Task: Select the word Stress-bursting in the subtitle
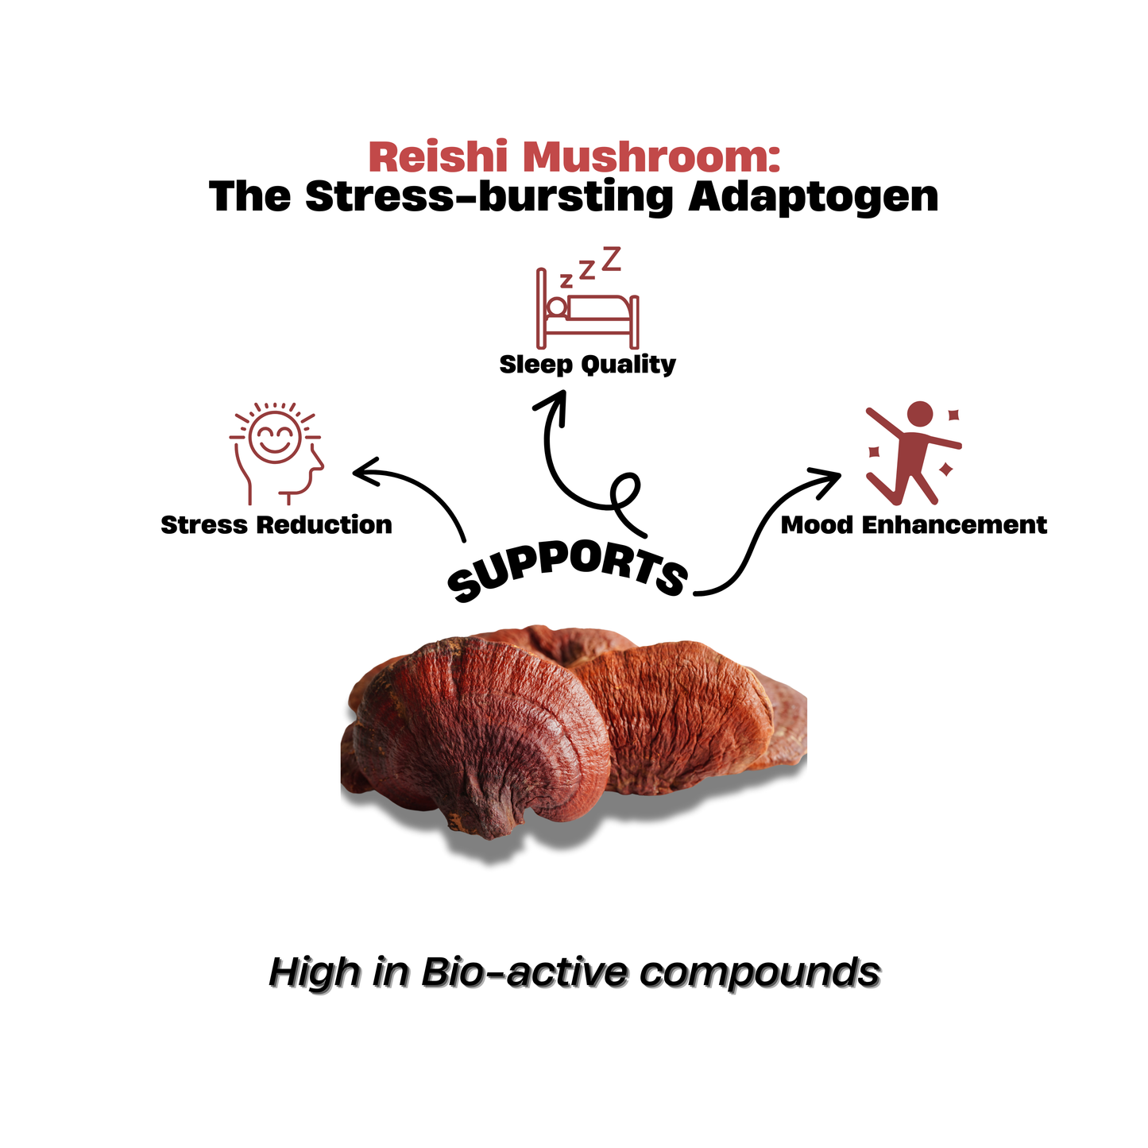[x=489, y=196]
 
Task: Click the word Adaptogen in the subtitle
[x=813, y=196]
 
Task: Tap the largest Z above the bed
[x=610, y=259]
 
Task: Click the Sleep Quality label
[x=587, y=365]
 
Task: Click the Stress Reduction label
[x=276, y=525]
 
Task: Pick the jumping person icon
[x=914, y=454]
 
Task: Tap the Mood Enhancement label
[x=914, y=525]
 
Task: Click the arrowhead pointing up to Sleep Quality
[x=548, y=403]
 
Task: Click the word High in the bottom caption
[x=313, y=972]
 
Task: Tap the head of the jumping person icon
[x=919, y=415]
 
